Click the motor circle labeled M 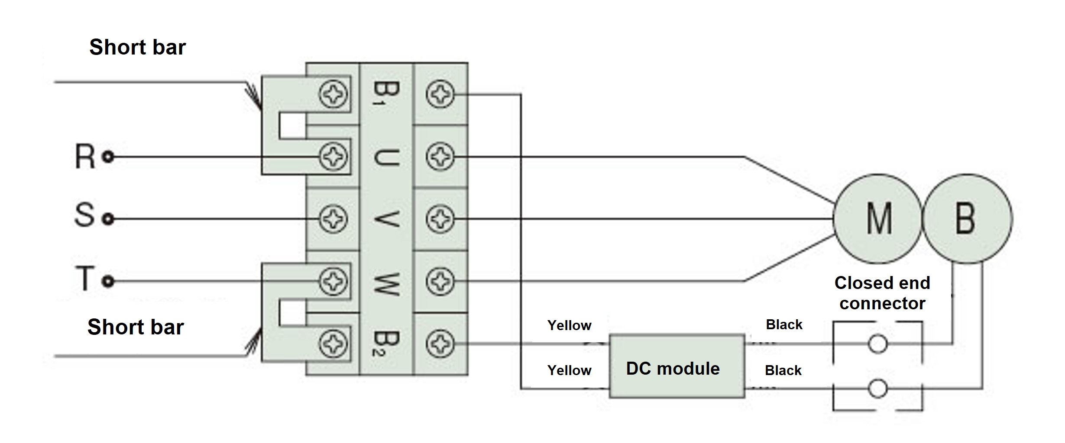point(877,219)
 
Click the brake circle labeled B point(967,219)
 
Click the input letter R point(85,156)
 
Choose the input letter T point(85,278)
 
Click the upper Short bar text point(137,47)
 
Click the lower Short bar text point(136,327)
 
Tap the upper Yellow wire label point(569,325)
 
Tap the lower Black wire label point(783,370)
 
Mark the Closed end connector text point(882,293)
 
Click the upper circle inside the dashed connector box point(877,344)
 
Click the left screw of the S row point(333,219)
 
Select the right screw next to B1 point(440,94)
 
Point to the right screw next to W point(440,282)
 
